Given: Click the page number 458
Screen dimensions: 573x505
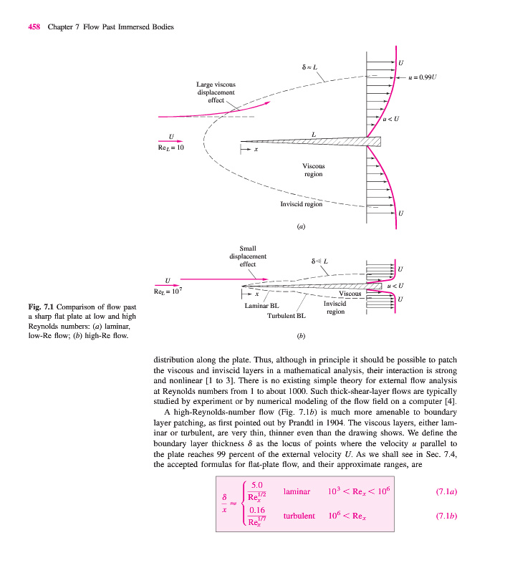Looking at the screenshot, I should coord(34,27).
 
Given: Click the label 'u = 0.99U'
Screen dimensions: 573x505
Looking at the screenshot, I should coord(424,75).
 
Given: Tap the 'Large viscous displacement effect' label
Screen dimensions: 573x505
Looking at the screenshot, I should coord(216,92).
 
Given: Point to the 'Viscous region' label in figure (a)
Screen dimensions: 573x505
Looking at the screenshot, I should coord(313,169).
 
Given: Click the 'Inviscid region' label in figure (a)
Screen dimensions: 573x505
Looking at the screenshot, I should coord(301,204).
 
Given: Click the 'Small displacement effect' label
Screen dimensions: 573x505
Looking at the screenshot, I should coord(248,256).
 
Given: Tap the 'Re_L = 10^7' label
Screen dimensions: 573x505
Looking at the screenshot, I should coord(170,291).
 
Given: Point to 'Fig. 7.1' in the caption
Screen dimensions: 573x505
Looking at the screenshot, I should coord(42,308).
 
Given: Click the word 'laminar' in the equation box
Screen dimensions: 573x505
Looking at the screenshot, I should coord(297,492).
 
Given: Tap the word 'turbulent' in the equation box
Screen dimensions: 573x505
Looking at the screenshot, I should coord(299,516).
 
